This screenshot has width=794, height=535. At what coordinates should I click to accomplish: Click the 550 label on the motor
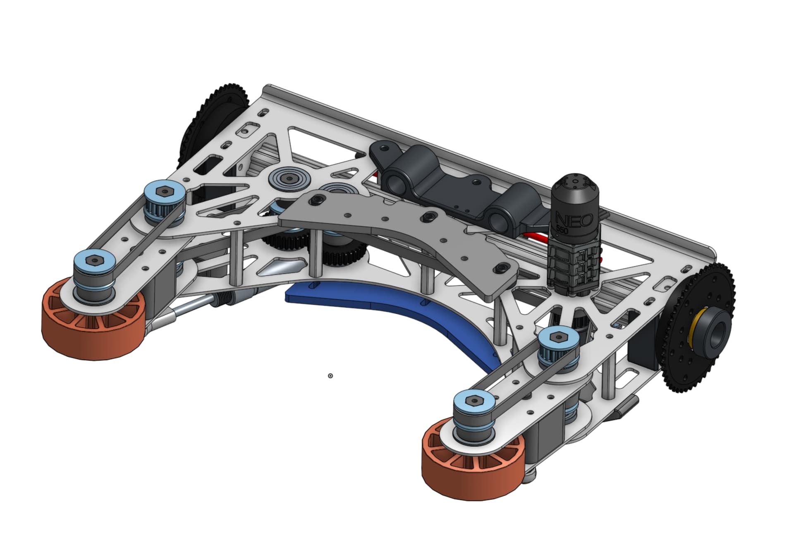pos(562,230)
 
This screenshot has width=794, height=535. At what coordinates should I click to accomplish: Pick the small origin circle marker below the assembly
pos(330,375)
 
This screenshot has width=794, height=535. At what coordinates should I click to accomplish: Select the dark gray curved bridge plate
pos(397,232)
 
